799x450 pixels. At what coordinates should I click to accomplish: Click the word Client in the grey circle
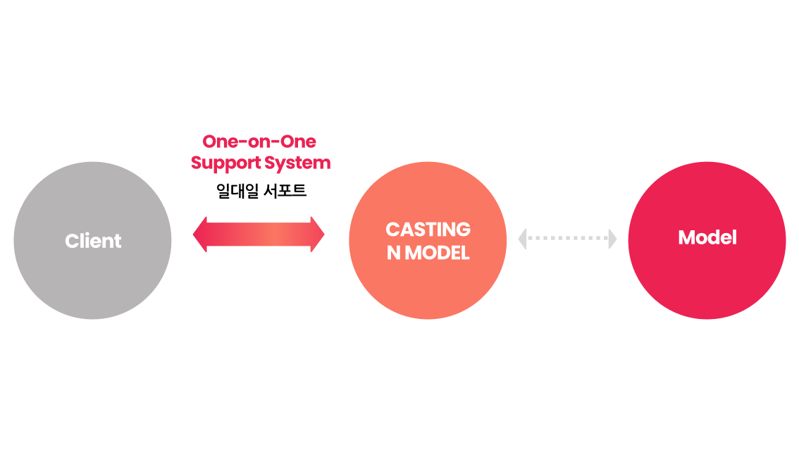click(93, 241)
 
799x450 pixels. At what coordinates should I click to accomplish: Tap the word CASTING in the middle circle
click(428, 230)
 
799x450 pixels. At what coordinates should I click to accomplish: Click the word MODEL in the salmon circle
click(437, 253)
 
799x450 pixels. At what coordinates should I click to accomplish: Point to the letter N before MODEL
click(393, 253)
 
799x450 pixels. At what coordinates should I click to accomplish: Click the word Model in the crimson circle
click(707, 238)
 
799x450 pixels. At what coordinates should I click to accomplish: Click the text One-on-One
click(259, 142)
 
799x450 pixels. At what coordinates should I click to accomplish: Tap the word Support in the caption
click(225, 163)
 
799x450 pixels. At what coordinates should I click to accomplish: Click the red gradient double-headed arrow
click(259, 234)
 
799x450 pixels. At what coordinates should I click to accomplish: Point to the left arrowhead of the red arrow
click(200, 234)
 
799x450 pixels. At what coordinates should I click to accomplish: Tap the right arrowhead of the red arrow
click(317, 234)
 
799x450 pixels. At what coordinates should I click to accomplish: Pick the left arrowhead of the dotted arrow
click(523, 239)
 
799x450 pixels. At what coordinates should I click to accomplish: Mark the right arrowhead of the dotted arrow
click(612, 239)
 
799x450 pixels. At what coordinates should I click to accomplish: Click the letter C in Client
click(71, 241)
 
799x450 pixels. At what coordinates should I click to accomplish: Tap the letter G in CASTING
click(462, 230)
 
